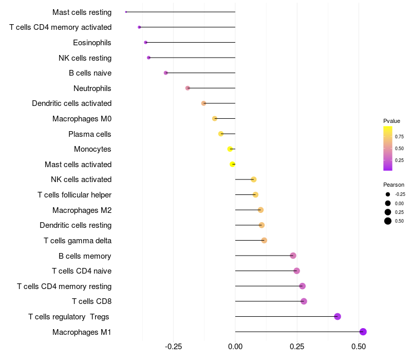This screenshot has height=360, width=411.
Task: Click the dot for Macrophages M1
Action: tap(363, 332)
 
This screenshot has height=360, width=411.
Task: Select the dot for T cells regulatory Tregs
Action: tap(338, 316)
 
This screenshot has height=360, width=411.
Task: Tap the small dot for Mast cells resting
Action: tap(126, 12)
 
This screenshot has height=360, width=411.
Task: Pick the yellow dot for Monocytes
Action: tap(230, 149)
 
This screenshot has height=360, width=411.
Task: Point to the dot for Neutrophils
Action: tap(188, 88)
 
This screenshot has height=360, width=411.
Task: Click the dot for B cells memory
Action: tap(293, 256)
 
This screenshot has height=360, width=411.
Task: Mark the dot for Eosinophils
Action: tap(146, 43)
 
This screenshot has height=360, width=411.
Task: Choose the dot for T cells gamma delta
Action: tap(264, 240)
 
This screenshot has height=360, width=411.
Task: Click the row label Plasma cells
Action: tap(89, 134)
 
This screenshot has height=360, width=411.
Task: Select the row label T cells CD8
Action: tap(92, 301)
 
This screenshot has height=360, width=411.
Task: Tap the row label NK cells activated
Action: tap(81, 179)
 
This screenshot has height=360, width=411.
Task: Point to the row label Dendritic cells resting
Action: tap(76, 225)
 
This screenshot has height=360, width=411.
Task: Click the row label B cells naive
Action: tap(90, 73)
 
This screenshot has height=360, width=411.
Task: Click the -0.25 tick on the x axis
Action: tap(173, 347)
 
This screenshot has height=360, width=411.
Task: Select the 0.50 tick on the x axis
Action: tap(359, 347)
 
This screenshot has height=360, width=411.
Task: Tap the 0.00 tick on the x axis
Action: tap(235, 347)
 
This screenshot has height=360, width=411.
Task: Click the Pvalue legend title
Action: tap(391, 121)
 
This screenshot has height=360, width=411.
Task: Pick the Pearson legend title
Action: tap(394, 185)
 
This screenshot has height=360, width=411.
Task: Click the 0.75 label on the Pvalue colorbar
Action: tap(399, 136)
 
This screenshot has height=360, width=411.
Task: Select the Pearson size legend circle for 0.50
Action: tap(388, 221)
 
